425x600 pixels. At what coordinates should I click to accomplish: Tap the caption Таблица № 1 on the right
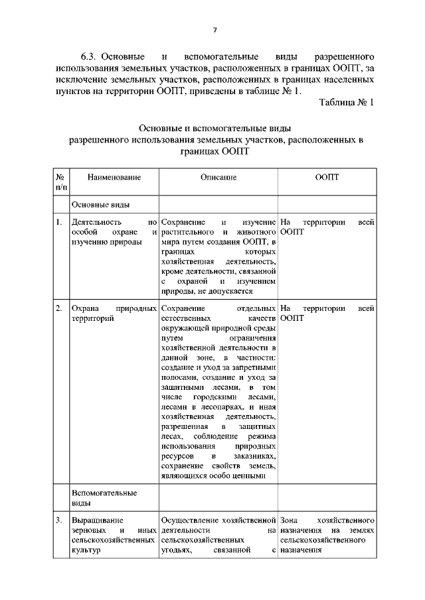click(x=347, y=103)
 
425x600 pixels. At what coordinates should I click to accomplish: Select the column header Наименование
click(x=105, y=178)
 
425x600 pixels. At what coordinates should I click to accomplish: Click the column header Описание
click(x=218, y=178)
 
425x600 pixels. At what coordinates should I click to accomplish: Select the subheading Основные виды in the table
click(x=100, y=205)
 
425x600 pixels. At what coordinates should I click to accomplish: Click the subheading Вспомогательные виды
click(x=104, y=498)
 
